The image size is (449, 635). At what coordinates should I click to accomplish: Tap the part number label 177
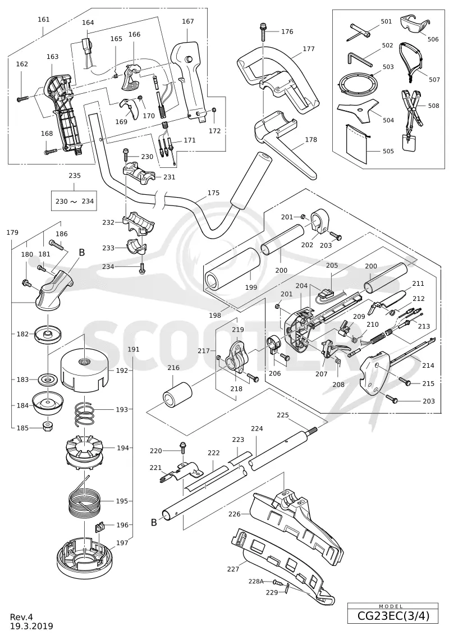(309, 49)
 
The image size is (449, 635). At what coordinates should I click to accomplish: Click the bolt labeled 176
(263, 32)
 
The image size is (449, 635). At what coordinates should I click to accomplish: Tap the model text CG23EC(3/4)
(392, 616)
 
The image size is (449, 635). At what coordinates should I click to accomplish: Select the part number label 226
(234, 514)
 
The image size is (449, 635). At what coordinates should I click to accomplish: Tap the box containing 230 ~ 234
(75, 201)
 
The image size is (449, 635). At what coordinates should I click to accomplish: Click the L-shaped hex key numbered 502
(359, 59)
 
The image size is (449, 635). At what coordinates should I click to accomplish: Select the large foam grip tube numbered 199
(232, 269)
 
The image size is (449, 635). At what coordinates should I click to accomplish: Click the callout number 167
(188, 21)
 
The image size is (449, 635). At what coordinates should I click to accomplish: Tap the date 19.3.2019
(31, 626)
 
